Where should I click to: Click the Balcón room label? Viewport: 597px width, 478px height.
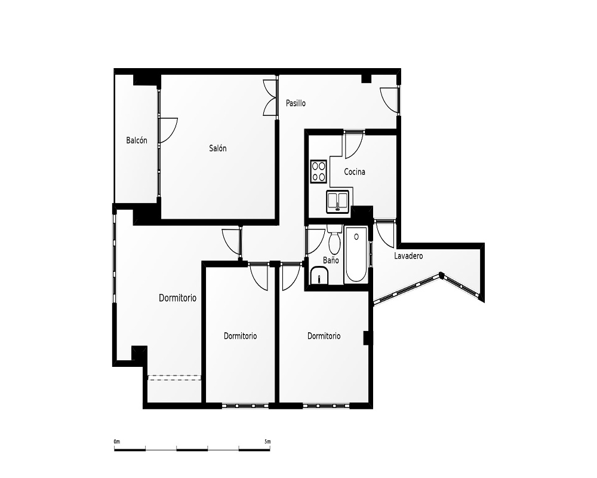[136, 140]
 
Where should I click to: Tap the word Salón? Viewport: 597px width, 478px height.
[218, 148]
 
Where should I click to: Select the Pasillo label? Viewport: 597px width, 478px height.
[296, 103]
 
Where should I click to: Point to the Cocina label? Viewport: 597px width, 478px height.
[355, 171]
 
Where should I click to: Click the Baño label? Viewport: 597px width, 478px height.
[331, 260]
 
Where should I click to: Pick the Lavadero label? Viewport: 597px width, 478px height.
[408, 256]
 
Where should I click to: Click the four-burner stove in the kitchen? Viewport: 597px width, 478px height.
[319, 171]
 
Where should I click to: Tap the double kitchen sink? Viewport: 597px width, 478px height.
[338, 201]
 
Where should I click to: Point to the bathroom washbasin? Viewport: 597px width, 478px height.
[319, 275]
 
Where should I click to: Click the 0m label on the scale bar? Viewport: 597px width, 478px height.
[116, 442]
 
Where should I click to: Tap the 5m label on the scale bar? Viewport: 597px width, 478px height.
[267, 442]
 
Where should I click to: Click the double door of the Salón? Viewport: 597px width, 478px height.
[270, 97]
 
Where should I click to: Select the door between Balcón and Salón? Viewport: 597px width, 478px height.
[168, 130]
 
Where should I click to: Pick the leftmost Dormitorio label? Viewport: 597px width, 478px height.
[177, 298]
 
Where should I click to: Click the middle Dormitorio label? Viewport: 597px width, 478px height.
[240, 336]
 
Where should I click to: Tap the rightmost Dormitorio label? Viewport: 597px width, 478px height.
[324, 336]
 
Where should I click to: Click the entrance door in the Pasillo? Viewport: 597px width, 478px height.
[389, 100]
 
